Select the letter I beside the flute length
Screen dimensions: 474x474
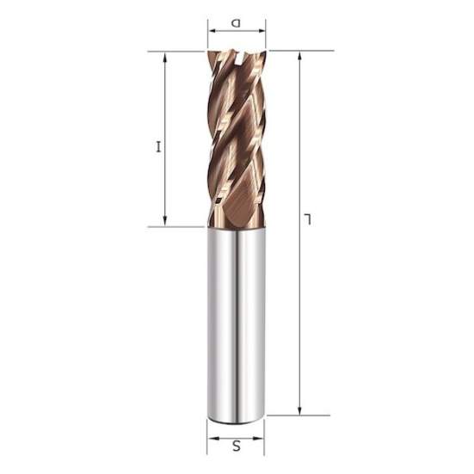pyautogui.click(x=157, y=147)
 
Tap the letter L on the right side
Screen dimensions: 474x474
pyautogui.click(x=308, y=222)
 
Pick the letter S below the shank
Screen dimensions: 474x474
pyautogui.click(x=237, y=445)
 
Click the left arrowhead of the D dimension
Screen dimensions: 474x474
pyautogui.click(x=211, y=36)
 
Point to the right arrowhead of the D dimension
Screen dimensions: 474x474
pyautogui.click(x=262, y=36)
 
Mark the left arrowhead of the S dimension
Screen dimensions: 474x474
pyautogui.click(x=211, y=434)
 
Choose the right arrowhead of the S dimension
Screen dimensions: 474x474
pyautogui.click(x=262, y=434)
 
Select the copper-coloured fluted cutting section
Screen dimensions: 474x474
pyautogui.click(x=237, y=138)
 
